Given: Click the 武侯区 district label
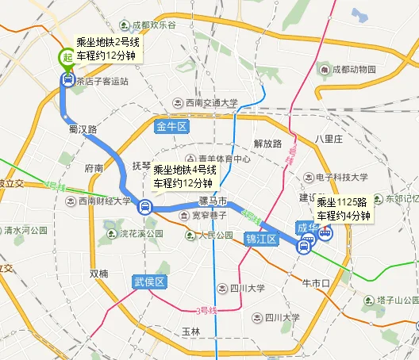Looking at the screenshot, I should (148, 281).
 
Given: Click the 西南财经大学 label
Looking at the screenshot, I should (106, 201).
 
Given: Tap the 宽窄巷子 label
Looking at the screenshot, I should (211, 215).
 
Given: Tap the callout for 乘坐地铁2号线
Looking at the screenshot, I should (106, 48).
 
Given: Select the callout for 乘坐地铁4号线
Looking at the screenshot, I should (184, 176).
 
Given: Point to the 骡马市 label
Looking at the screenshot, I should (213, 201).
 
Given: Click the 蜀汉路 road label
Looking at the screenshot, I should (83, 128).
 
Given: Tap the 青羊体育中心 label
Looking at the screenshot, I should (225, 159).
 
